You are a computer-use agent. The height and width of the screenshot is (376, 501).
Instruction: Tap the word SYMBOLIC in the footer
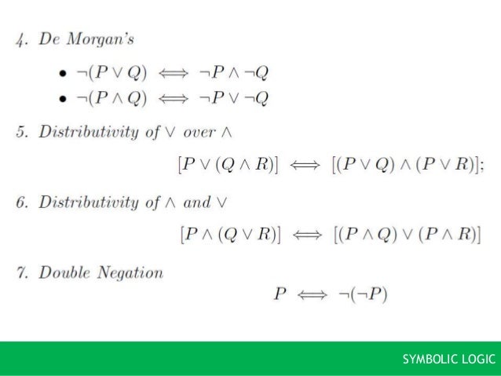pos(431,360)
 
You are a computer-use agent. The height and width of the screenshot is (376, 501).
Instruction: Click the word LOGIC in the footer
pos(479,360)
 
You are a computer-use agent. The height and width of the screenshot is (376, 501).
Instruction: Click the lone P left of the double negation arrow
pos(280,295)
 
